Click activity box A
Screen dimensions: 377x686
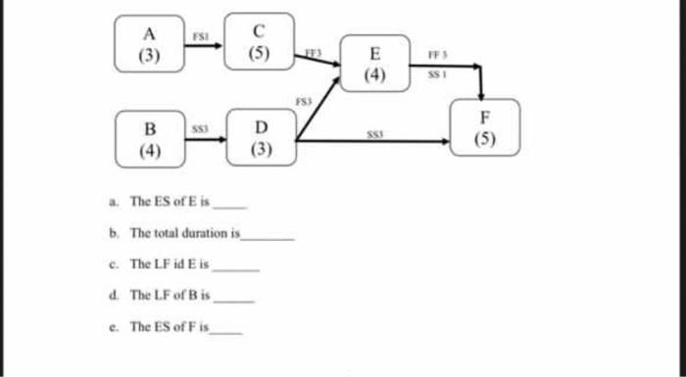149,44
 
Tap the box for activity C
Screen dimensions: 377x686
260,41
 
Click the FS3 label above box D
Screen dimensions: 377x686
304,99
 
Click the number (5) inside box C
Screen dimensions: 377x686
260,53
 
